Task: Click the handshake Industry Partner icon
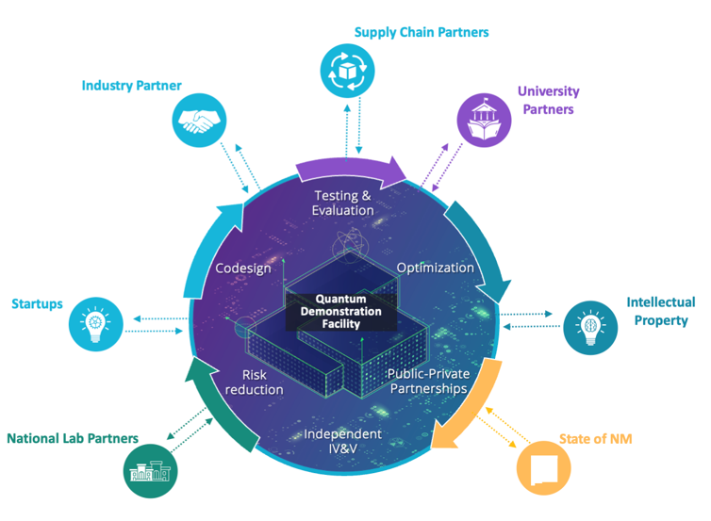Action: (200, 122)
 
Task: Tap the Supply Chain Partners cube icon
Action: (347, 70)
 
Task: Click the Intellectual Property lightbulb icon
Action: (590, 327)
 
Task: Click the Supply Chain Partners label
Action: (422, 33)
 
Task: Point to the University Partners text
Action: (548, 101)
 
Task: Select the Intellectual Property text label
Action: (660, 311)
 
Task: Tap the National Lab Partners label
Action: (73, 438)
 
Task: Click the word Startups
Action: (37, 303)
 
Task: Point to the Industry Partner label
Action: (131, 86)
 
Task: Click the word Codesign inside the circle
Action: (243, 269)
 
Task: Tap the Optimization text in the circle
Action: (435, 268)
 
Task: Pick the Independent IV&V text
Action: (343, 441)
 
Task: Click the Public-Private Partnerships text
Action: (429, 381)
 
